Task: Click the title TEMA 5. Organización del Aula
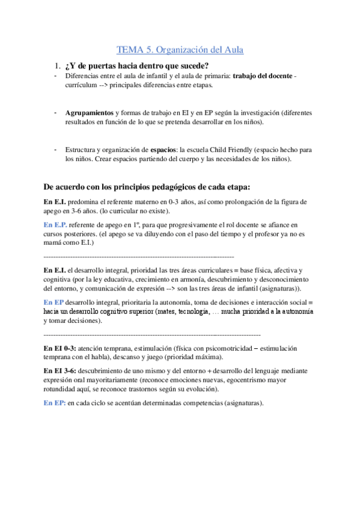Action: point(180,50)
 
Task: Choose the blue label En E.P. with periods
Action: point(55,224)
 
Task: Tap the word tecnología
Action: point(190,312)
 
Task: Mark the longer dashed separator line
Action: point(152,334)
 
